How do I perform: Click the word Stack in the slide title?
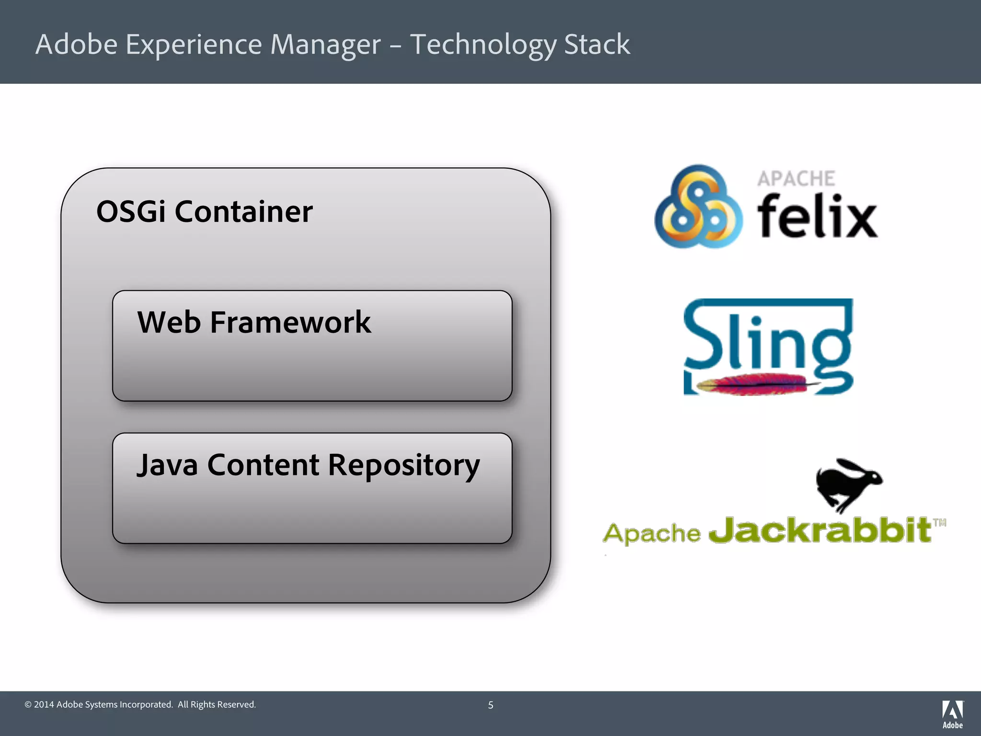point(597,45)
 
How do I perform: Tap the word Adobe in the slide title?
point(77,45)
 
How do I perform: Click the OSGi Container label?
point(205,211)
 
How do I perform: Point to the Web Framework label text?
point(254,322)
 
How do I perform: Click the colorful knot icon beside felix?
point(698,207)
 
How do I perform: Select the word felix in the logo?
point(817,216)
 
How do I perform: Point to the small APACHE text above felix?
point(796,179)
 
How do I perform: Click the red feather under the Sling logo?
point(757,384)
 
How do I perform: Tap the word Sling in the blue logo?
point(766,343)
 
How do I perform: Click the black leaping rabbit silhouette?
point(848,483)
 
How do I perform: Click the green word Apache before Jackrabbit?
point(651,533)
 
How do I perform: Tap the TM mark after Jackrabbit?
point(940,523)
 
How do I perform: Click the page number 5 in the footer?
point(490,705)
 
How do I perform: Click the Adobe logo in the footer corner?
point(952,714)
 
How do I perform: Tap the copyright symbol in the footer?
point(28,704)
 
